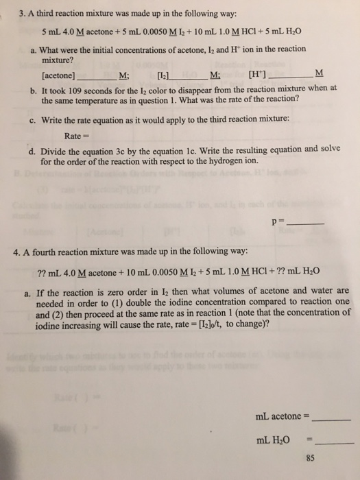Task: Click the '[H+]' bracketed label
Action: [x=244, y=74]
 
